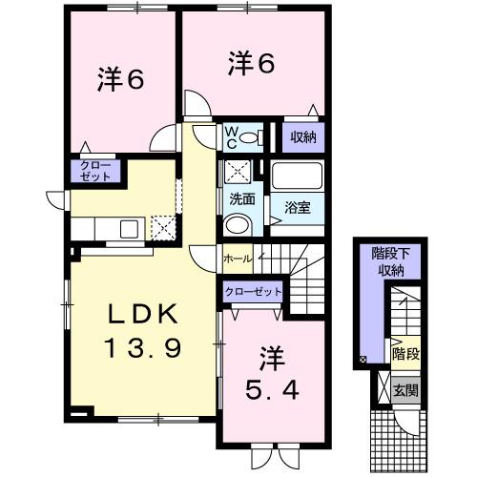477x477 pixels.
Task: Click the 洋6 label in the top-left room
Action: click(x=120, y=80)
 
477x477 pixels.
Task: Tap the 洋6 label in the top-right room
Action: click(x=252, y=65)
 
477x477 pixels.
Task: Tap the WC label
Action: click(x=232, y=137)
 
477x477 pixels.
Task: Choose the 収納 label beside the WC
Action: click(x=304, y=137)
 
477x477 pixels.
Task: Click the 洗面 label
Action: click(x=240, y=200)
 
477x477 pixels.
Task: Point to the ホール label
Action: click(x=237, y=259)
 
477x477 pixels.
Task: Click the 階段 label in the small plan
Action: click(x=405, y=352)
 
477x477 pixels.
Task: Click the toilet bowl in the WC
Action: click(x=250, y=137)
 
